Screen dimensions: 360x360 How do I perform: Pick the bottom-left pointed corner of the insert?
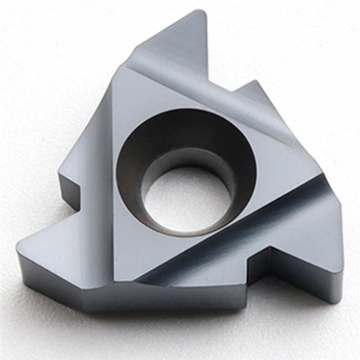(18, 245)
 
